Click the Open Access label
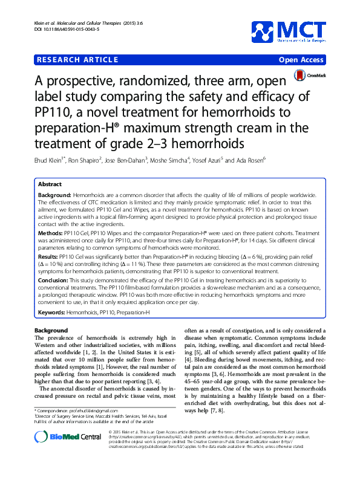[301, 60]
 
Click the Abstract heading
[50, 184]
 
